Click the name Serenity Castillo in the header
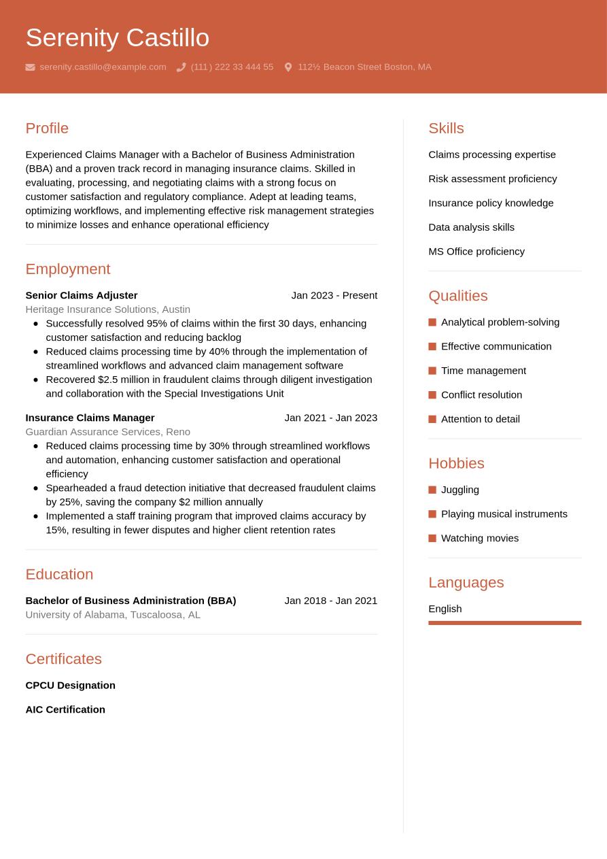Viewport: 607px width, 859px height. click(x=117, y=38)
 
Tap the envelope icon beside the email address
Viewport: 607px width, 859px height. click(x=30, y=67)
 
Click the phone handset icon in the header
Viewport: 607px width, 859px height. click(x=181, y=67)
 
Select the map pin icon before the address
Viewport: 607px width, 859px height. click(x=288, y=67)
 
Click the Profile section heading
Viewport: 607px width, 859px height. click(x=47, y=129)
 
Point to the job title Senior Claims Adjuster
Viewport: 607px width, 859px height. click(x=82, y=295)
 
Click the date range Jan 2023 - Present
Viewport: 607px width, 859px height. click(x=334, y=295)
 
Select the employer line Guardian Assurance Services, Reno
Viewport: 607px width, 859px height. click(x=107, y=432)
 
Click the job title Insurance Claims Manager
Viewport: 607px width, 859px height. click(x=90, y=418)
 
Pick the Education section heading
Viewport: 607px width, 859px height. click(x=59, y=574)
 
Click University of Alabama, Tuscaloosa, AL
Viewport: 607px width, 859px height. click(x=113, y=615)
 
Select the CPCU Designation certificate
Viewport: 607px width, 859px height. click(x=70, y=686)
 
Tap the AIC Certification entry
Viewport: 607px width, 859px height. click(x=65, y=709)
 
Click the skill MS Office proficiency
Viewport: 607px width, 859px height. click(x=476, y=252)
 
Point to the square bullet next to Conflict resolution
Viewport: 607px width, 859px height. click(x=432, y=395)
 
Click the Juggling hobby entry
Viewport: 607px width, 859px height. click(x=460, y=490)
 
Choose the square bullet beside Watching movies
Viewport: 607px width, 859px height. click(x=432, y=539)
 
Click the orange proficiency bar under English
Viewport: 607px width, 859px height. click(x=504, y=623)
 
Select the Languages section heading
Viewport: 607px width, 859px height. click(x=466, y=583)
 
